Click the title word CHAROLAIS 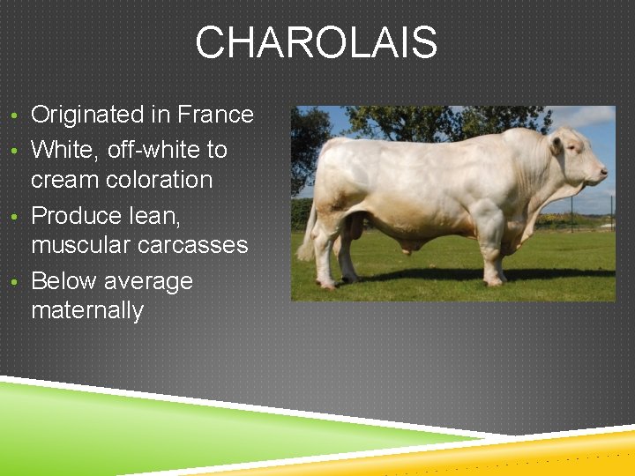tap(316, 43)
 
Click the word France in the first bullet tap(215, 115)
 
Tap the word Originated tap(86, 115)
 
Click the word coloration tap(161, 180)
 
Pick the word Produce tap(76, 215)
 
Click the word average tap(148, 281)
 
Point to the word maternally tap(86, 311)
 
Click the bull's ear tap(556, 144)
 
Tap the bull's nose tap(603, 173)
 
